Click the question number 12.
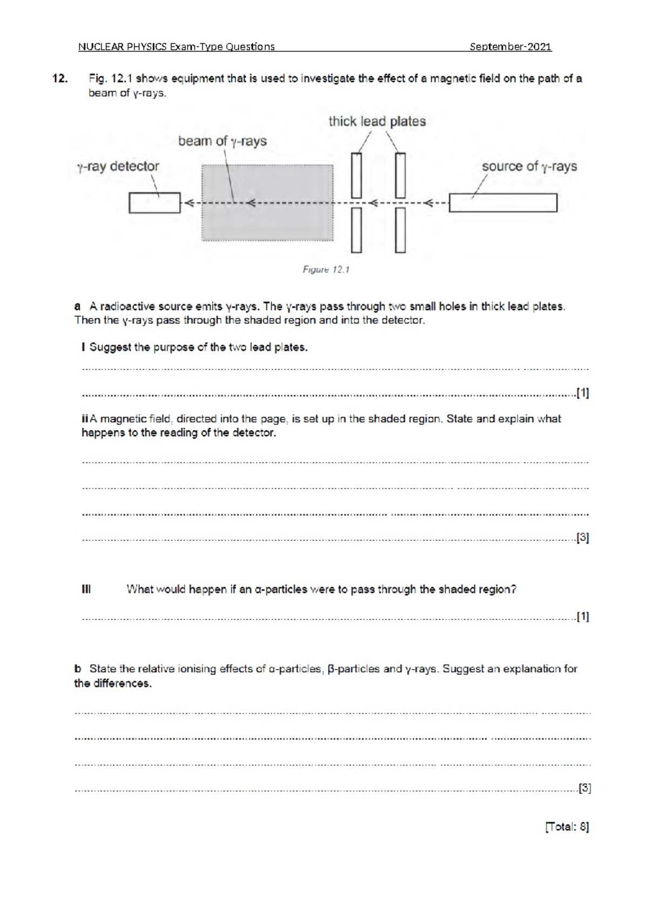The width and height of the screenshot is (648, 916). coord(60,79)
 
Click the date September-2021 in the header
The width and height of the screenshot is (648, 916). coord(510,47)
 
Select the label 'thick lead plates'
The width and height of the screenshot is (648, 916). coord(377,122)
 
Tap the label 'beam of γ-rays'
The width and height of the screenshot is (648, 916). coord(222,142)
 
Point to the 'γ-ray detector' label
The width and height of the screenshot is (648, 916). coord(118,166)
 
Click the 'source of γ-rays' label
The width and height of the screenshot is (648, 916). coord(529,166)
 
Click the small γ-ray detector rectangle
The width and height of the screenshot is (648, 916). coord(154,203)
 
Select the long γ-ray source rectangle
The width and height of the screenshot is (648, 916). coord(503,203)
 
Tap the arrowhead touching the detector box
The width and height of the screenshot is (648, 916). coord(188,204)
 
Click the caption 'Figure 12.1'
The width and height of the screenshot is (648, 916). coord(326,270)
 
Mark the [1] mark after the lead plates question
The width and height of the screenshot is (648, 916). coord(583,393)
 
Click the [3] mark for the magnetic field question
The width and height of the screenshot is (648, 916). coord(583,538)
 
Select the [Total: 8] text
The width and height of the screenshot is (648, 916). coord(566,827)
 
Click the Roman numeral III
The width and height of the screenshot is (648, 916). coord(86,589)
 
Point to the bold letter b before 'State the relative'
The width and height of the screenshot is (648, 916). coord(78,669)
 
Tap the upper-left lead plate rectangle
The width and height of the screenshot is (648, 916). coord(356,176)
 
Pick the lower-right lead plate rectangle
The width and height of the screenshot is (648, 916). coord(400,231)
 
